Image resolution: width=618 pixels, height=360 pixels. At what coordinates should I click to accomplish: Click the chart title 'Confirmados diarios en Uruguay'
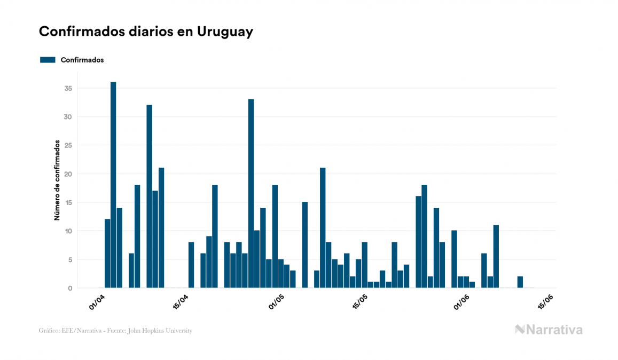[x=146, y=32]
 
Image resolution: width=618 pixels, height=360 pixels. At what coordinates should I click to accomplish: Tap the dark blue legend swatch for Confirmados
[x=48, y=60]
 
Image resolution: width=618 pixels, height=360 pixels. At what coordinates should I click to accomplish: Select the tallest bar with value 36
[x=113, y=185]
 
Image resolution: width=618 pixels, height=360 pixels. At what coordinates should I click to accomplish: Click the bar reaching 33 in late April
[x=251, y=193]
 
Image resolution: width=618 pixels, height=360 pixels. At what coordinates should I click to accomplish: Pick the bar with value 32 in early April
[x=149, y=196]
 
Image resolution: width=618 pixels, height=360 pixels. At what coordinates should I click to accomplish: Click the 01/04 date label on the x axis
[x=97, y=302]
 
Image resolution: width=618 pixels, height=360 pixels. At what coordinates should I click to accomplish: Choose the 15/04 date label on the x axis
[x=182, y=302]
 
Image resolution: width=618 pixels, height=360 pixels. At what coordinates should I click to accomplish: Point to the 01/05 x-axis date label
[x=276, y=302]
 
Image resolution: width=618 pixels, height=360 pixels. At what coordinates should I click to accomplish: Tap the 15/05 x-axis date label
[x=361, y=302]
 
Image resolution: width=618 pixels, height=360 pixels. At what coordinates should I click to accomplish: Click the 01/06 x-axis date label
[x=460, y=302]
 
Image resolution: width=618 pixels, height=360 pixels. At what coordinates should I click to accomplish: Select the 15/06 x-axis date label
[x=545, y=302]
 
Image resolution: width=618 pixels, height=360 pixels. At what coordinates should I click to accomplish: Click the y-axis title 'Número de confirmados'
[x=56, y=181]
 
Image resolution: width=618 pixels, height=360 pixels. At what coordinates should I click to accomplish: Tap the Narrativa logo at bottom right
[x=549, y=330]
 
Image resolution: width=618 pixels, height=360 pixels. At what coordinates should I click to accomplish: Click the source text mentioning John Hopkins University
[x=115, y=331]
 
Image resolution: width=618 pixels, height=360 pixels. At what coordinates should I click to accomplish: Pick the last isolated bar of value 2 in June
[x=520, y=282]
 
